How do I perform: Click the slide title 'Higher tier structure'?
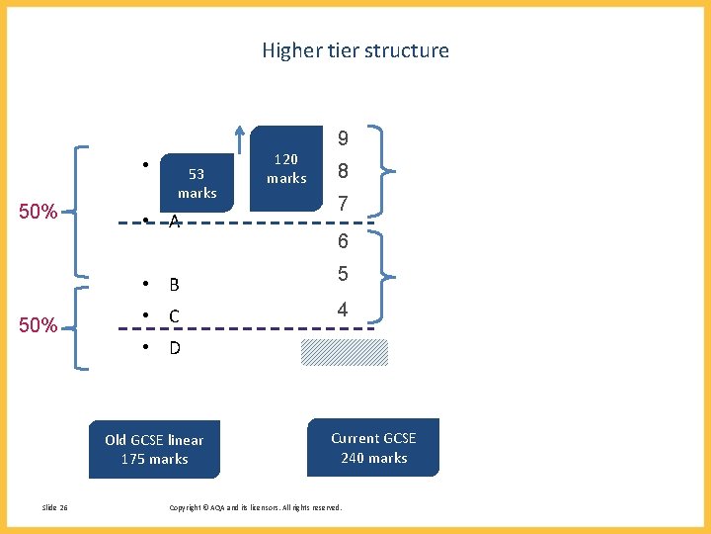(x=355, y=50)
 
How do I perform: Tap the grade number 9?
(x=343, y=138)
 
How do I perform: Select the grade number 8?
(x=343, y=172)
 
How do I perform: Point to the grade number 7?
(x=343, y=205)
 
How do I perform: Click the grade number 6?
(x=343, y=241)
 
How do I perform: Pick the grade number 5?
(x=343, y=275)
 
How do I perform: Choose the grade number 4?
(x=343, y=310)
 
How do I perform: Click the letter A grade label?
(x=174, y=222)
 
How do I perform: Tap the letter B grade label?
(x=174, y=285)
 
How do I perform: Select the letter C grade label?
(x=174, y=316)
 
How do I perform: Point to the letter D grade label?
(x=174, y=348)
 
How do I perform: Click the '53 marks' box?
(x=197, y=183)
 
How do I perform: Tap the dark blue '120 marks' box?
(x=286, y=169)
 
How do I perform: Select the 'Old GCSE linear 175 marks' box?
(x=154, y=450)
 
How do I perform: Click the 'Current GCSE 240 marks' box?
(x=373, y=448)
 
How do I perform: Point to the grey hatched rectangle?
(x=345, y=352)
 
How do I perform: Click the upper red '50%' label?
(x=38, y=212)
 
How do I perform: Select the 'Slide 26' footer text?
(x=55, y=508)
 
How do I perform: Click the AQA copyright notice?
(x=256, y=508)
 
